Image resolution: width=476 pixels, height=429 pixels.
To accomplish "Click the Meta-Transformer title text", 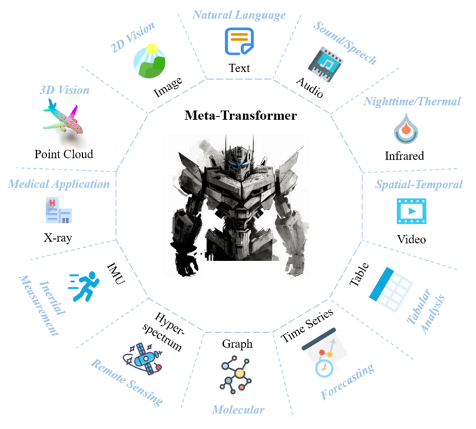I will pyautogui.click(x=241, y=115).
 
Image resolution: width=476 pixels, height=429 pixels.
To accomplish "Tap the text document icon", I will pyautogui.click(x=239, y=42).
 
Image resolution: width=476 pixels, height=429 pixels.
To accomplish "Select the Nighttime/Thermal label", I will pyautogui.click(x=411, y=101).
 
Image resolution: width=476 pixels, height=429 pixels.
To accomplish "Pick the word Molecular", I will pyautogui.click(x=237, y=410).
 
